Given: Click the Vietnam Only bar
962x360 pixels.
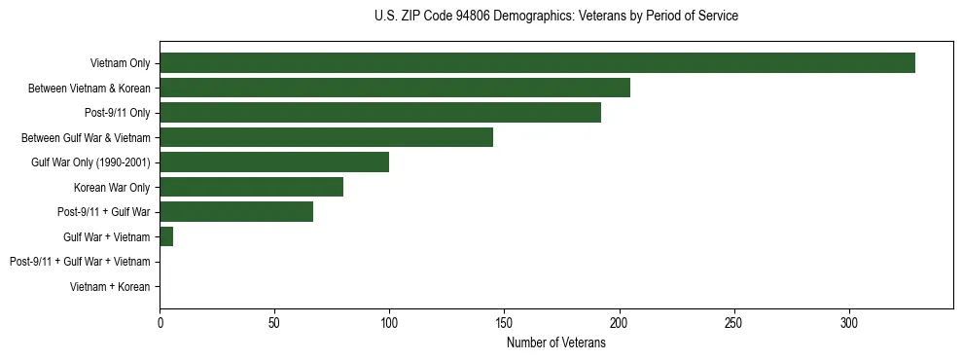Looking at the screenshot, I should point(537,63).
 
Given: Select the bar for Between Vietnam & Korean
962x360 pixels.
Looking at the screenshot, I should point(395,88).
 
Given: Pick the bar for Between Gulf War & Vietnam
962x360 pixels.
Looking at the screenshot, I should point(326,137).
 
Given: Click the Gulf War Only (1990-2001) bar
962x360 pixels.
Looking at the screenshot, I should point(274,162).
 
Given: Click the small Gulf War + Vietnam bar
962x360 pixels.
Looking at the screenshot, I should point(166,236).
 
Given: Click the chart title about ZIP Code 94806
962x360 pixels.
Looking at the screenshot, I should point(555,17).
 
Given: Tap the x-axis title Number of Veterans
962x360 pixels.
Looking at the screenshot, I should point(555,343).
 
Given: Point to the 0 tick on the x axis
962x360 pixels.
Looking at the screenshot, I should point(160,323).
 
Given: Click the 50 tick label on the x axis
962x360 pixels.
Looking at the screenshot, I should point(274,323).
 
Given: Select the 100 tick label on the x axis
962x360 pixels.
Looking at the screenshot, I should point(389,323).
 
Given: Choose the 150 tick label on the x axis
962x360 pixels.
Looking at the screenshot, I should point(504,323).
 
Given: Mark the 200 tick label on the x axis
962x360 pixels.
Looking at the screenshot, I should point(619,323).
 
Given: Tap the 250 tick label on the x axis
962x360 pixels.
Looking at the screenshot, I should point(733,323).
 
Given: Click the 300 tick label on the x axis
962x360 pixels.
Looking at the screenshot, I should point(848,323).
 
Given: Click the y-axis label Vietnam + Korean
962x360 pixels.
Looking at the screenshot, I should point(110,287).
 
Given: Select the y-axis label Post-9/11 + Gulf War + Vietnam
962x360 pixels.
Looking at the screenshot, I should point(80,262).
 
